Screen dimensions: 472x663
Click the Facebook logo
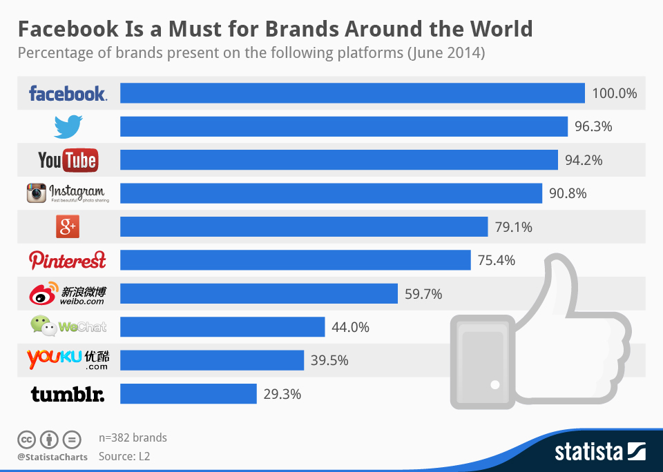click(68, 93)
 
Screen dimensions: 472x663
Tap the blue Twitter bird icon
click(68, 126)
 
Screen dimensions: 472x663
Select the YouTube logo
click(68, 160)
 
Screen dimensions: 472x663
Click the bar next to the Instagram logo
click(331, 193)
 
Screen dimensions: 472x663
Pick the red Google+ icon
click(68, 226)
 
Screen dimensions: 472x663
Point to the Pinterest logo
click(68, 260)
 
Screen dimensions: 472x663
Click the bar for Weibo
click(259, 293)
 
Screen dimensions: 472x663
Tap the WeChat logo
click(68, 326)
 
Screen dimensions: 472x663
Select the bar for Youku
click(212, 360)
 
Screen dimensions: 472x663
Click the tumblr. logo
click(68, 394)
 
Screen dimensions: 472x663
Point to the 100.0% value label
click(614, 93)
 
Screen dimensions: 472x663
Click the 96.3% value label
click(594, 127)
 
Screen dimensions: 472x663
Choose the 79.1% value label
click(513, 227)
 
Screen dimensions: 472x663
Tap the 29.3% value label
click(282, 395)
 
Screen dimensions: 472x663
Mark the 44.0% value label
click(350, 327)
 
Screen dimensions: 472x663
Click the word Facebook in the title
click(65, 29)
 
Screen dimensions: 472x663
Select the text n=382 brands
click(133, 437)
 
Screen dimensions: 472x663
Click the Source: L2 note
click(124, 456)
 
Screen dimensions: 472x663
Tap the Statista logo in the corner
click(599, 452)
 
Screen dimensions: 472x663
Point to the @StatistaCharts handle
click(52, 457)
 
